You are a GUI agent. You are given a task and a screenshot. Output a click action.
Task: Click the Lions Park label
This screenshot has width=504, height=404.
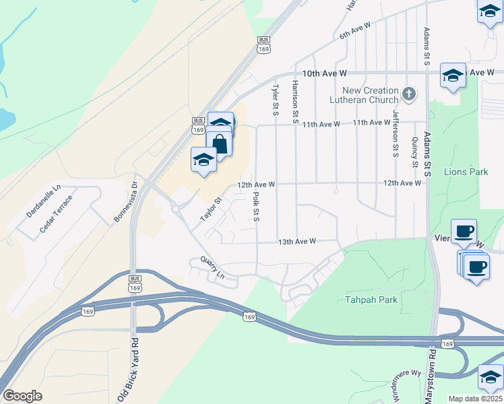[x=466, y=172]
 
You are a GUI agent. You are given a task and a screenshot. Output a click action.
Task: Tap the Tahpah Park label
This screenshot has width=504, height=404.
[x=371, y=300]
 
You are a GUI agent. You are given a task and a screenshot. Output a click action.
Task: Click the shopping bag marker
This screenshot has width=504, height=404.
[x=219, y=143]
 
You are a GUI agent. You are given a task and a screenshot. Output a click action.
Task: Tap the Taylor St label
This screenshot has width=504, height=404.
[x=211, y=210]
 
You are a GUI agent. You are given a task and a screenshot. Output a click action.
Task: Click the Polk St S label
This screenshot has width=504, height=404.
[x=256, y=207]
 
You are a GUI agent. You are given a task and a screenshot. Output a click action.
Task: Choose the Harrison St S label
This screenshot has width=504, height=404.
[x=295, y=101]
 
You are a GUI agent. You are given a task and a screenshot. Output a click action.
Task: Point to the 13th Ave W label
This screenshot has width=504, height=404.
[x=297, y=242]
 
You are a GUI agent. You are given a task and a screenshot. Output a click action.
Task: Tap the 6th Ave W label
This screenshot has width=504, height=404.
[x=355, y=30]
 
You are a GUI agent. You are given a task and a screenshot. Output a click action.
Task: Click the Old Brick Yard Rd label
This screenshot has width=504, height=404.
[x=135, y=370]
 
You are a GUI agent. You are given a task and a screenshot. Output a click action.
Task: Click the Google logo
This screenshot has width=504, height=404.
[x=22, y=395]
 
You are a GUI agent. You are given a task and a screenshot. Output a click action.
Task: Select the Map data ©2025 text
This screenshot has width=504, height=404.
[x=475, y=399]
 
